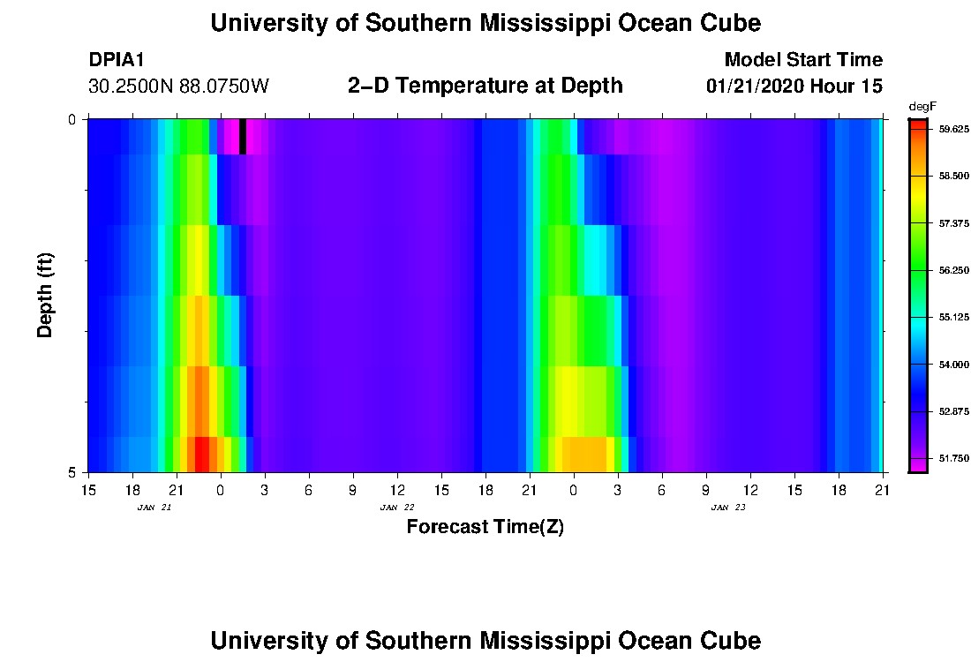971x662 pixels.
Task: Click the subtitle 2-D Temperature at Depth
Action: click(x=485, y=86)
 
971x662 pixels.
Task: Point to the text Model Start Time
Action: click(x=803, y=60)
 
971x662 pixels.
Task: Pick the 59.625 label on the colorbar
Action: click(x=953, y=129)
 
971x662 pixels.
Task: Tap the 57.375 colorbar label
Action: click(x=953, y=223)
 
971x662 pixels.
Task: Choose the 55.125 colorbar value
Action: click(x=953, y=317)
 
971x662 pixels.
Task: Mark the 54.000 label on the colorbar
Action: click(x=953, y=364)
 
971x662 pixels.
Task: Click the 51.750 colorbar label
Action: click(x=953, y=458)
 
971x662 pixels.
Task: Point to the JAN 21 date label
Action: click(x=154, y=508)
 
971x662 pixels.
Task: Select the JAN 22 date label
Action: click(x=396, y=508)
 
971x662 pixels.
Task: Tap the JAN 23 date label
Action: click(x=727, y=508)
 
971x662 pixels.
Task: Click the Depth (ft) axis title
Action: click(x=46, y=295)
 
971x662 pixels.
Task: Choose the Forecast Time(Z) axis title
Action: click(x=485, y=528)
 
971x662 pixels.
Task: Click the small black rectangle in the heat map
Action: click(x=243, y=136)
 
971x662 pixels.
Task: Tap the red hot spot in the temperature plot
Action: click(x=202, y=454)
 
